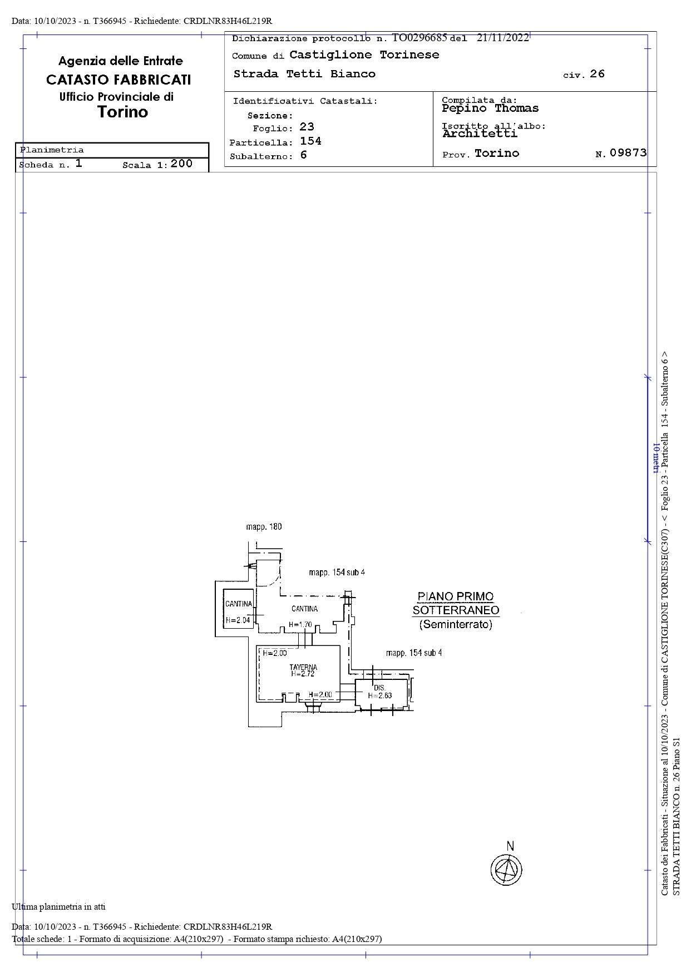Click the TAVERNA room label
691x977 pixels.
[303, 667]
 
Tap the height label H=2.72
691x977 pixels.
[303, 674]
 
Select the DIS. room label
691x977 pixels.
[379, 688]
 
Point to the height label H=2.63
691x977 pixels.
[380, 695]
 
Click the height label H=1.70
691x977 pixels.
[300, 625]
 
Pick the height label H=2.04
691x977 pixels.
[238, 620]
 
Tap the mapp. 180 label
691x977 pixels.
[264, 526]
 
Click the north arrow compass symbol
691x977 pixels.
[506, 869]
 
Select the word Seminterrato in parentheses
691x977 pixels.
[456, 624]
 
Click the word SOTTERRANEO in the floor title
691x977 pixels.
[456, 610]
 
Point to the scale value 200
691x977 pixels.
[181, 163]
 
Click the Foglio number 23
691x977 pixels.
[307, 127]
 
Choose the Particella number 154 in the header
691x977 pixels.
[310, 141]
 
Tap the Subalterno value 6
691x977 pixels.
[303, 155]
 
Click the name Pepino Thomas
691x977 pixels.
[490, 108]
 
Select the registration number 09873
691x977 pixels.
[628, 152]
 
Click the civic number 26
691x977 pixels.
[597, 73]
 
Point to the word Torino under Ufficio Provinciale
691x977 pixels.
[123, 112]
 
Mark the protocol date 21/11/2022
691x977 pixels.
[502, 37]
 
